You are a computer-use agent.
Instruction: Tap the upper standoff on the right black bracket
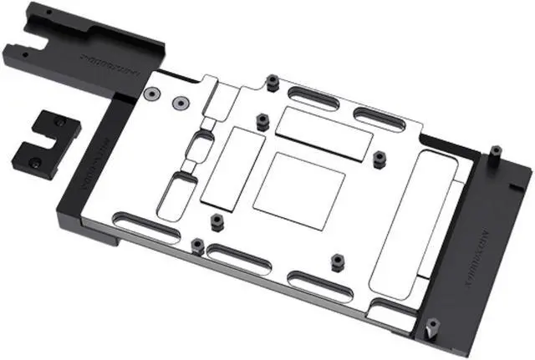(x=496, y=154)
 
